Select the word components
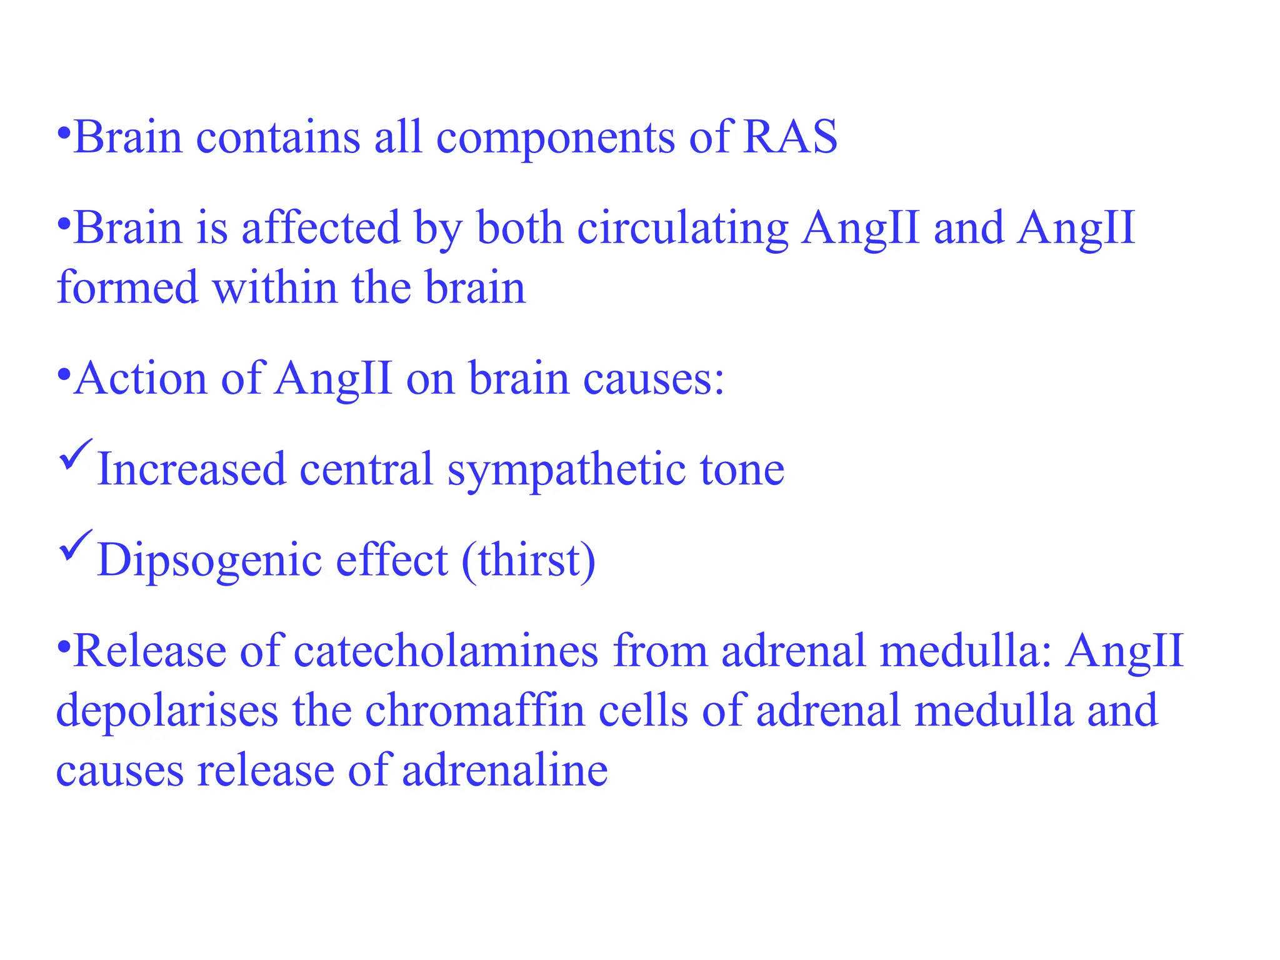(x=555, y=139)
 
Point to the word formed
(x=127, y=287)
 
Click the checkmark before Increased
(x=76, y=454)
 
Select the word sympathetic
(x=566, y=470)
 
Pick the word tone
(x=741, y=470)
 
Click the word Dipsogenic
(x=209, y=561)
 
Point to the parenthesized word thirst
(x=528, y=560)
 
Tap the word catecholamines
(x=446, y=651)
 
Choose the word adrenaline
(x=504, y=770)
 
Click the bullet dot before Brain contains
(x=63, y=133)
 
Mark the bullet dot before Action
(x=63, y=375)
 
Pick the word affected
(x=320, y=227)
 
